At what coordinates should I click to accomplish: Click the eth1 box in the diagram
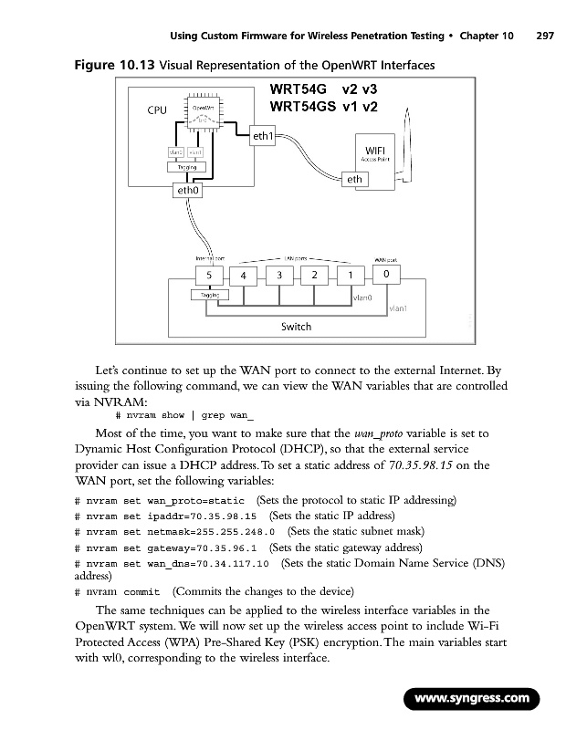(x=263, y=137)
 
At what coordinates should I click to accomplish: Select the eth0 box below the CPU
(x=189, y=192)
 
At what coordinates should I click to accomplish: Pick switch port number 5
(x=210, y=274)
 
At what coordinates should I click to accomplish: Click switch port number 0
(x=386, y=274)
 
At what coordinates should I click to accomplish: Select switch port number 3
(x=279, y=275)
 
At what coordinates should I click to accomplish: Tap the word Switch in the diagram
(x=296, y=326)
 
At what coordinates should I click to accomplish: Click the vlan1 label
(x=398, y=308)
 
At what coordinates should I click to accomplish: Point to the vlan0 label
(x=362, y=297)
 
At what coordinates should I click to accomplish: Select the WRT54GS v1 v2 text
(x=324, y=107)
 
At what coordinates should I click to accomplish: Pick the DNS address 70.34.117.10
(x=234, y=564)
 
